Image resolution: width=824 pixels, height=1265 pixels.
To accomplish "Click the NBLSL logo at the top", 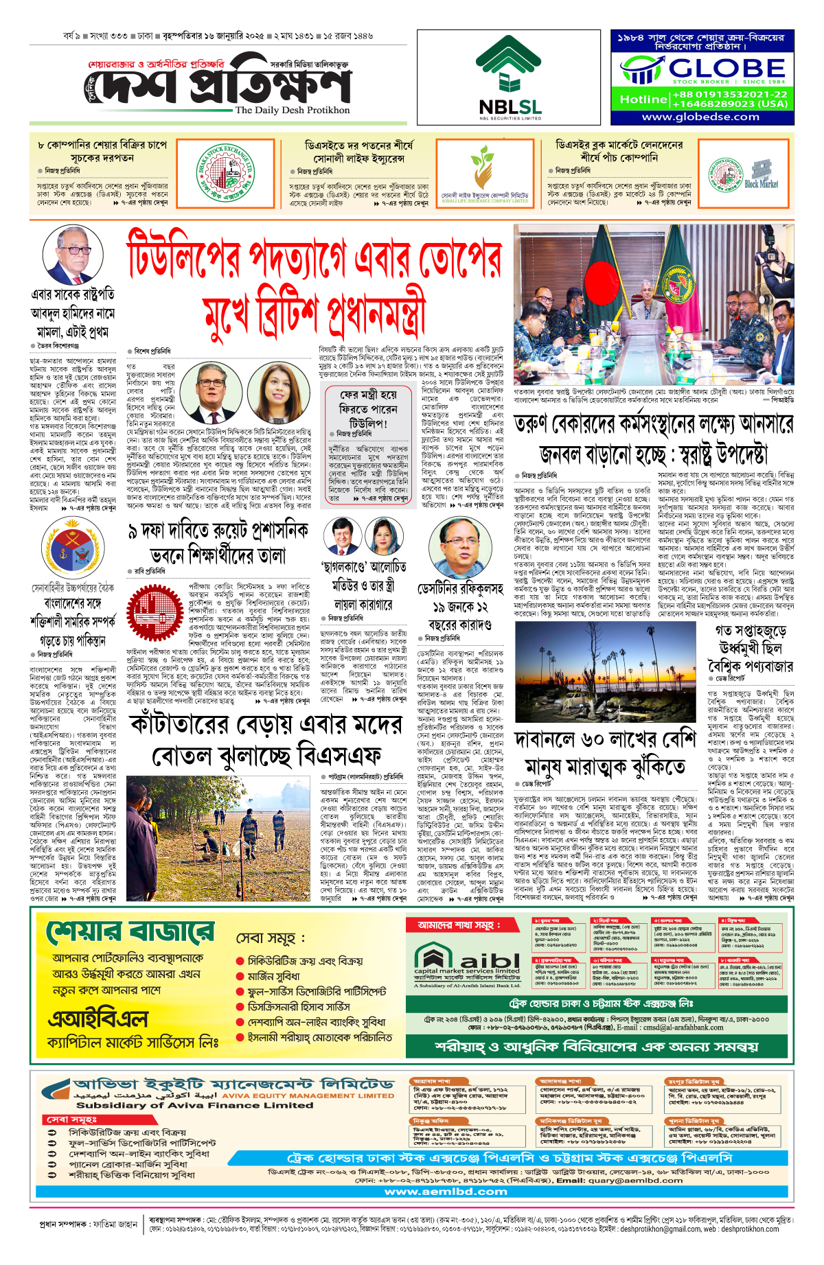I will pos(510,77).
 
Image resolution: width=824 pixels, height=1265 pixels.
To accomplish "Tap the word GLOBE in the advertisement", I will pos(726,68).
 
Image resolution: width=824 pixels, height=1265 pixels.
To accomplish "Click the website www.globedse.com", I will pos(700,117).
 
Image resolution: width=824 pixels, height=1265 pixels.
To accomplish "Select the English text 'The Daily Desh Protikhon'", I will pos(292,110).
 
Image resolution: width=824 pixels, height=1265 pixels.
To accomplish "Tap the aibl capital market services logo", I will pos(467,962).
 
